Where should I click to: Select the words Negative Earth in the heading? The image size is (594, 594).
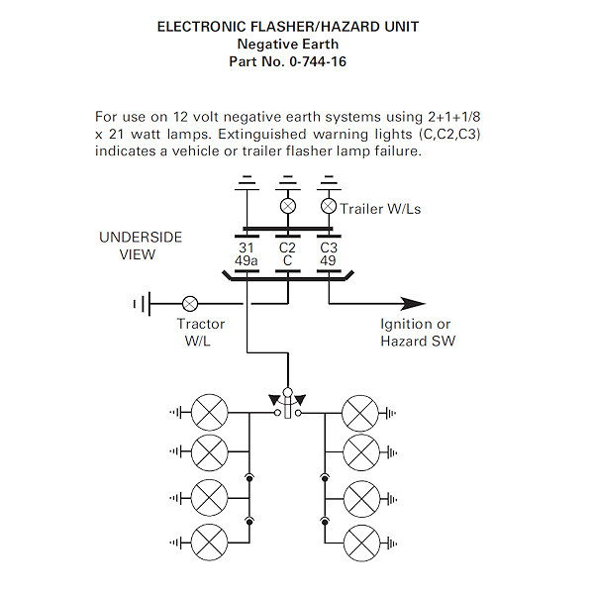(x=287, y=45)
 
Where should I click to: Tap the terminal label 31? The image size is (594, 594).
(x=247, y=247)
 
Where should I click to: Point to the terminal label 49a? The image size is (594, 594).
(x=247, y=261)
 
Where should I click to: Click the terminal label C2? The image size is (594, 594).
(x=287, y=247)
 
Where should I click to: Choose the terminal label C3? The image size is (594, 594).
(x=329, y=247)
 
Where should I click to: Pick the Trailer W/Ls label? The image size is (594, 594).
(x=380, y=209)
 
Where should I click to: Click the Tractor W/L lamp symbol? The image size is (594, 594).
(x=191, y=303)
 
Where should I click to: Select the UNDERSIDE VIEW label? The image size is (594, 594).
(x=140, y=247)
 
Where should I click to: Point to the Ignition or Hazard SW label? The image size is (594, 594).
(x=418, y=333)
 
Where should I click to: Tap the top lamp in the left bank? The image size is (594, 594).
(x=210, y=411)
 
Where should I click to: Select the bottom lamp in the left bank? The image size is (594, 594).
(x=210, y=542)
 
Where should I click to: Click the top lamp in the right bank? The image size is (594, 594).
(x=358, y=411)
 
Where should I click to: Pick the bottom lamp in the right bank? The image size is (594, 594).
(x=358, y=542)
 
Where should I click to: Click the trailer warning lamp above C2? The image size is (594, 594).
(x=287, y=207)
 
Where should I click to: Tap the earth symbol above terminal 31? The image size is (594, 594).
(x=247, y=183)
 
